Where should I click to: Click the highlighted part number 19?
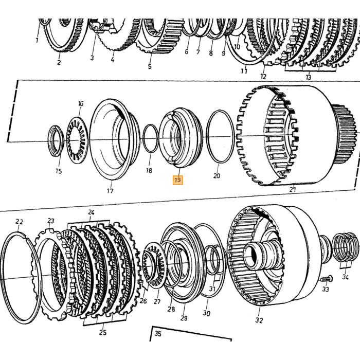[178, 180]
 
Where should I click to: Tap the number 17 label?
[110, 191]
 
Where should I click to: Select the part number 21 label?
[293, 190]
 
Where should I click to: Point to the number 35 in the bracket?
[158, 334]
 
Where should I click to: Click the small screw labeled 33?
[326, 279]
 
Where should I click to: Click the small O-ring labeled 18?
[151, 138]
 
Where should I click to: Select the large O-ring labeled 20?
[220, 137]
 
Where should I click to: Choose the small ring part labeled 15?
[56, 141]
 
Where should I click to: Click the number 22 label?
[20, 222]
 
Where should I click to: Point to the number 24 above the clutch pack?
[91, 212]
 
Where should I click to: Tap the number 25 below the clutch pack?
[103, 332]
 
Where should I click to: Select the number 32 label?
[259, 320]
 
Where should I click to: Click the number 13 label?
[309, 77]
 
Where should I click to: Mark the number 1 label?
[37, 41]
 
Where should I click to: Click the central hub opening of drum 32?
[252, 256]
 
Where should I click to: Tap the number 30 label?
[206, 313]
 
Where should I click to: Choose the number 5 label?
[150, 66]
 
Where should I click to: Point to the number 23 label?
[51, 221]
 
